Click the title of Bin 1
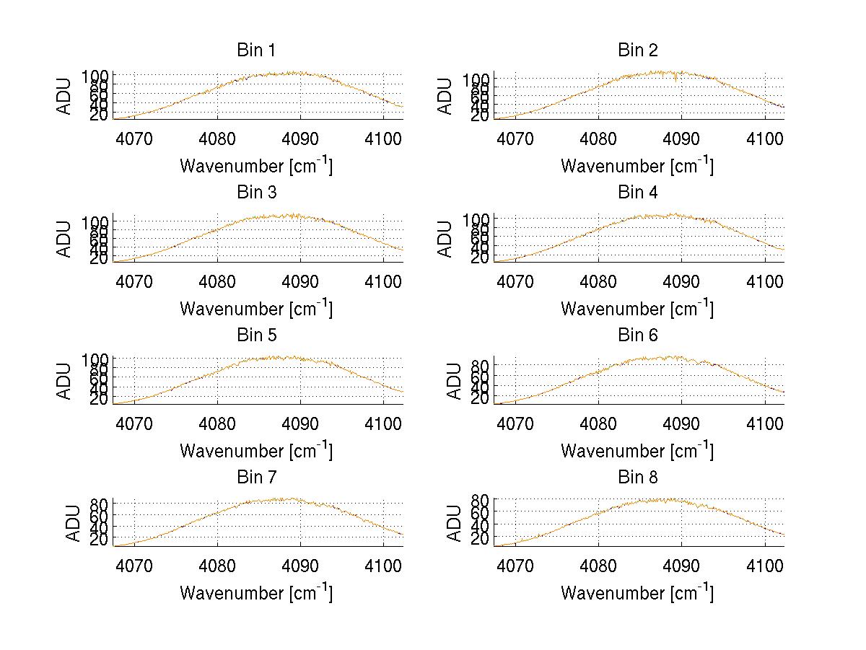[256, 50]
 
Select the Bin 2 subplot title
[638, 50]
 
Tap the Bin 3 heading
[256, 193]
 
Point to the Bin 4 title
[638, 193]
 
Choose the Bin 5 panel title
[256, 335]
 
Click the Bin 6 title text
[638, 335]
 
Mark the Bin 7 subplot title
[256, 478]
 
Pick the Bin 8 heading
[638, 478]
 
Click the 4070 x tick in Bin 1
[134, 139]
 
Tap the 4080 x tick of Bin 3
[217, 281]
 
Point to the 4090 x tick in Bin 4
[681, 281]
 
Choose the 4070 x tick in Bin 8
[515, 566]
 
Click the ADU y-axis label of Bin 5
[64, 381]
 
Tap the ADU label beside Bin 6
[454, 381]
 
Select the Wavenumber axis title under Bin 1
[256, 165]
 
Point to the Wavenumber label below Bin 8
[638, 592]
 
